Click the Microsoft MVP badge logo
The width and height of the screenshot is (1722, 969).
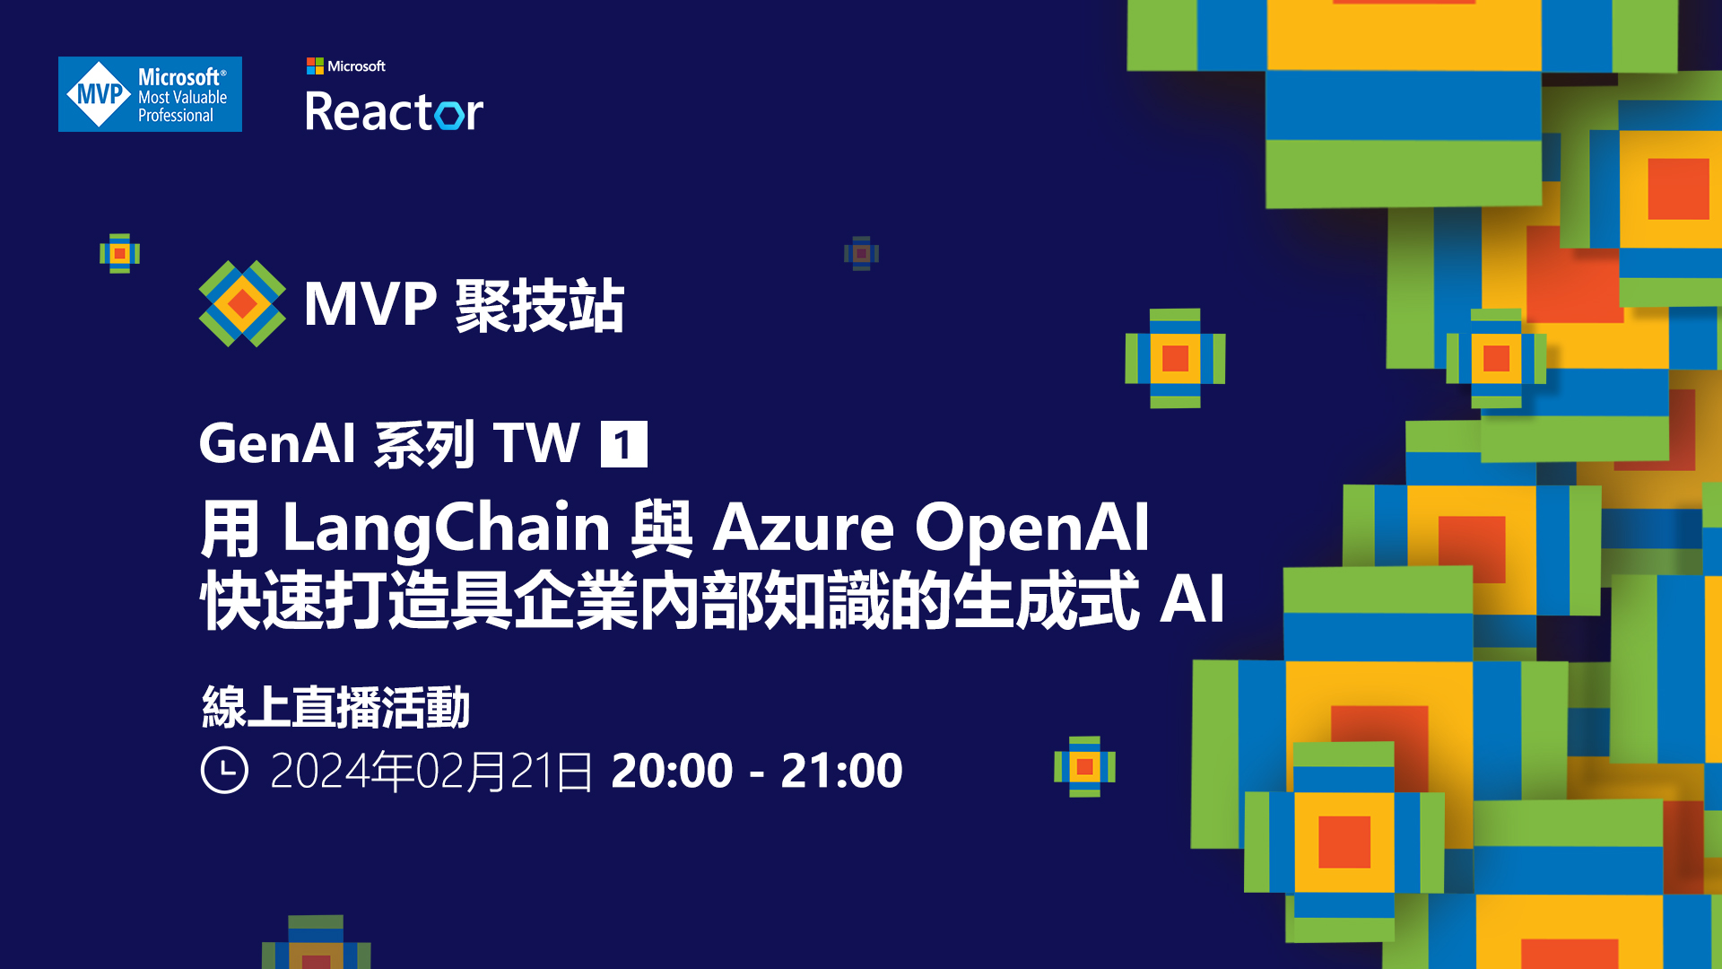coord(150,94)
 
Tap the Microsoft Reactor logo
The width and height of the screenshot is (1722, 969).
coord(394,96)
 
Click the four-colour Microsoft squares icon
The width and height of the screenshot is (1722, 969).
coord(315,65)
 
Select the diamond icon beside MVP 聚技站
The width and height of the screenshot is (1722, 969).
coord(242,303)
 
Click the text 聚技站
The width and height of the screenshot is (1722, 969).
coord(540,305)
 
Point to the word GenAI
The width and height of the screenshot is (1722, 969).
coord(277,443)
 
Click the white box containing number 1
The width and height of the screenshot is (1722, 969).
coord(623,444)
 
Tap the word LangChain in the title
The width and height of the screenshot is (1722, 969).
coord(446,528)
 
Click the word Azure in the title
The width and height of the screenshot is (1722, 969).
coord(803,528)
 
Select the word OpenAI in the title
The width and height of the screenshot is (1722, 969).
coord(1031,528)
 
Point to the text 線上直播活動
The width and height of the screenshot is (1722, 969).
coord(336,707)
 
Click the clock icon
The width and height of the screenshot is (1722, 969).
coord(224,770)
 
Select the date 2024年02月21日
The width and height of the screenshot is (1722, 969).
coord(431,771)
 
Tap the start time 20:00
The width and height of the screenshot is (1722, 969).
coord(672,771)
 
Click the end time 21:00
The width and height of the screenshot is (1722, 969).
coord(841,771)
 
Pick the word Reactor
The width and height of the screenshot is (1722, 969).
coord(394,112)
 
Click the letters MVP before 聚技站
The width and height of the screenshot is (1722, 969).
coord(370,304)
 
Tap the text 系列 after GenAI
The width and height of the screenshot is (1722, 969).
coord(424,443)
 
